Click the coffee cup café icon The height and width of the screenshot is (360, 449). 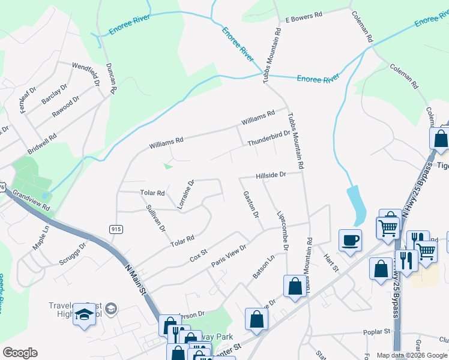[x=349, y=240]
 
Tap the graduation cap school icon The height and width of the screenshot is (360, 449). [x=84, y=316]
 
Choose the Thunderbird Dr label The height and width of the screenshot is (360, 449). [x=268, y=139]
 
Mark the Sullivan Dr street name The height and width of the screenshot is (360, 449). [x=155, y=218]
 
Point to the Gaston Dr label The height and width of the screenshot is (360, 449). [x=251, y=204]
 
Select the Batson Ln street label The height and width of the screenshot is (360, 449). [x=263, y=266]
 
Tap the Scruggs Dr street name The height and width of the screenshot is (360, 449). [x=73, y=254]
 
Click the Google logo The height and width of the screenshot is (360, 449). [x=20, y=353]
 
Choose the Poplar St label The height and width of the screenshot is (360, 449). [x=377, y=331]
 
